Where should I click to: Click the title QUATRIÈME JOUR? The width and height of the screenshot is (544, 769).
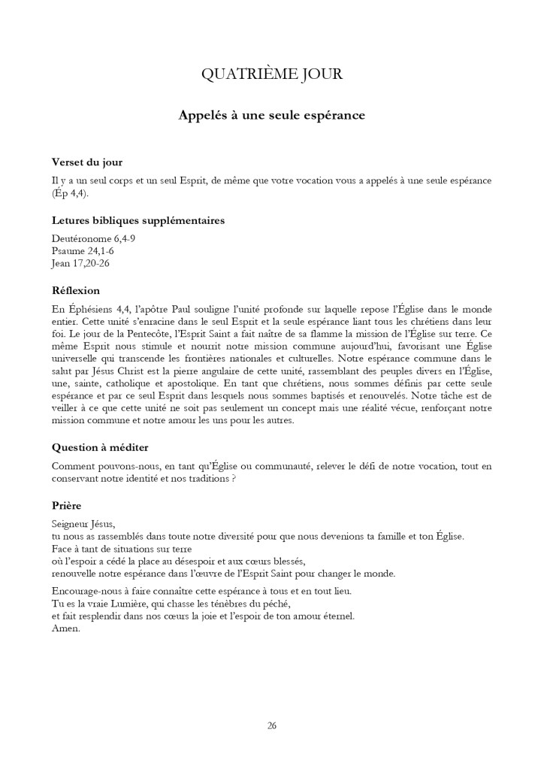(x=272, y=74)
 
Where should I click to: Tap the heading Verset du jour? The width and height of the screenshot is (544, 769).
(x=87, y=162)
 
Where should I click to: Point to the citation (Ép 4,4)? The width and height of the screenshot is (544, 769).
(x=70, y=194)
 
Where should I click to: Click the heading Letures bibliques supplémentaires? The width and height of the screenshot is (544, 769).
(x=138, y=220)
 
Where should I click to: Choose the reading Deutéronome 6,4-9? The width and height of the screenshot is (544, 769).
(x=93, y=238)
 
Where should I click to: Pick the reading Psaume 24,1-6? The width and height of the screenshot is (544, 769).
(x=83, y=250)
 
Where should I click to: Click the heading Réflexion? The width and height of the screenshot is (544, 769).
(x=76, y=290)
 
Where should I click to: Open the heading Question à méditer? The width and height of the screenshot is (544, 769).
(x=100, y=447)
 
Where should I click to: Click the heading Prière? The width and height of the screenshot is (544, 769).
(x=66, y=506)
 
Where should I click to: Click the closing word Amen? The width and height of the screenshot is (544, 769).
(x=66, y=628)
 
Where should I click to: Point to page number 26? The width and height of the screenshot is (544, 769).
(x=272, y=725)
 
